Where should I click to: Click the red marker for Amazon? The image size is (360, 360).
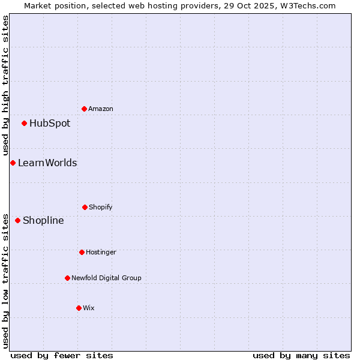[84, 109]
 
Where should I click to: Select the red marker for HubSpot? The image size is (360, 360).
[24, 124]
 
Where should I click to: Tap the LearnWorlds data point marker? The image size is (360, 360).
[13, 163]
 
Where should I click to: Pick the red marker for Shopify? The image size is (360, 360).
[85, 207]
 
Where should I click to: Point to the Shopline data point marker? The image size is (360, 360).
[17, 220]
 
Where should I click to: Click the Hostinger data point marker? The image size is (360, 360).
[82, 252]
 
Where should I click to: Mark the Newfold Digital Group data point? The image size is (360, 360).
[67, 278]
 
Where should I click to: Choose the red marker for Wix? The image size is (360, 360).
[79, 308]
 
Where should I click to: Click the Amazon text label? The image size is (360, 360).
[101, 109]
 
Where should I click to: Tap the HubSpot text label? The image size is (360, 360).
[50, 124]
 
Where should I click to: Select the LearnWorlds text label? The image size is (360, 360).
[47, 163]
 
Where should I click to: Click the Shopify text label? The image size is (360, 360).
[101, 207]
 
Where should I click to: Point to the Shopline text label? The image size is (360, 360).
[43, 220]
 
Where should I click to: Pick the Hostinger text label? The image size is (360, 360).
[101, 252]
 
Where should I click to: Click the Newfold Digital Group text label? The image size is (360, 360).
[106, 278]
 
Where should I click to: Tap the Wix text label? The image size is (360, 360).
[89, 308]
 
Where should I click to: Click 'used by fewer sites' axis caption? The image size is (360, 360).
[62, 355]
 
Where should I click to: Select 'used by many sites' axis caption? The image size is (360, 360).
[301, 355]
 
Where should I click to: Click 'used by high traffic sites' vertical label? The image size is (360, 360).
[5, 85]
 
